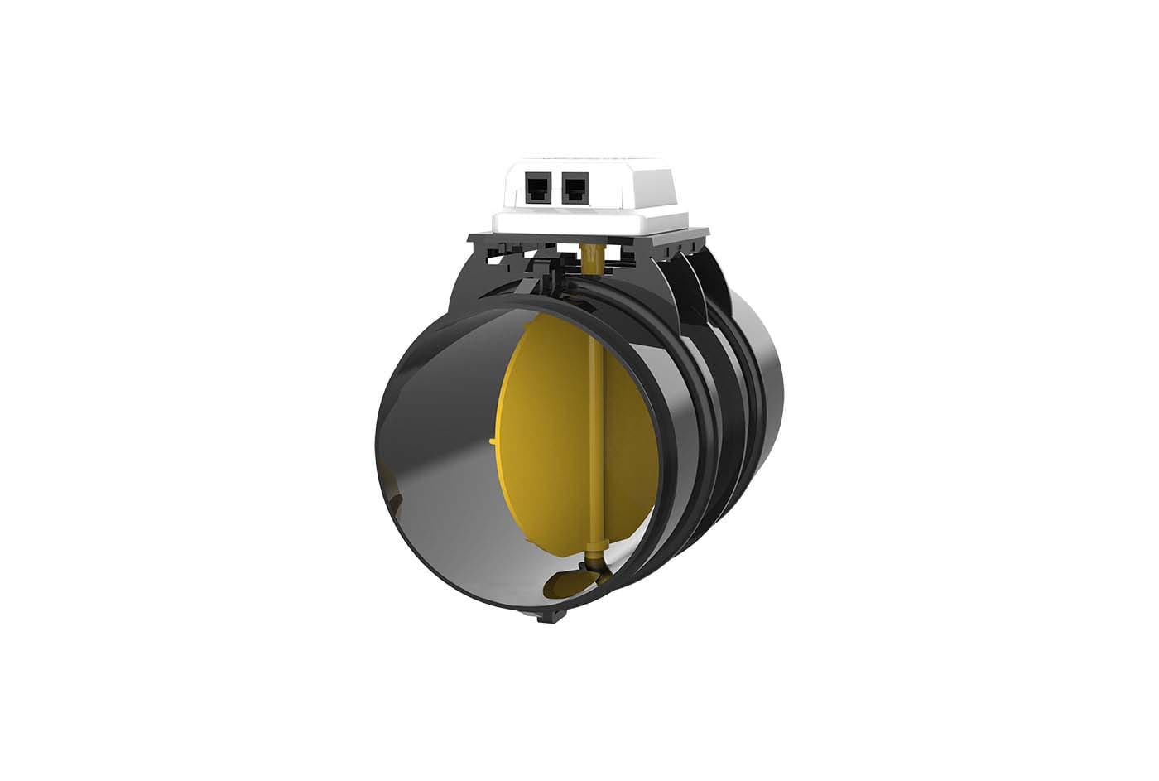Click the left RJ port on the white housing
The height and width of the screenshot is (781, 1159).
[x=536, y=189]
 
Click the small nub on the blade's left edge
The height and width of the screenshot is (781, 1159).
[x=493, y=442]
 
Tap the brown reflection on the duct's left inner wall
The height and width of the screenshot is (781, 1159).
[x=395, y=501]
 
